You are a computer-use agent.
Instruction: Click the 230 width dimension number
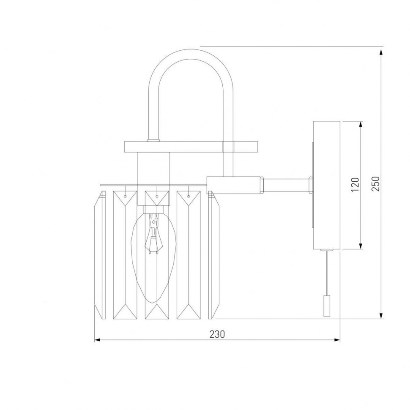[x=216, y=334]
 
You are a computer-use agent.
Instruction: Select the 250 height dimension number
[x=376, y=183]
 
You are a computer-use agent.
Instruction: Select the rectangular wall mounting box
[x=326, y=185]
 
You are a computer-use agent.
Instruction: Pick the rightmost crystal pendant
[x=214, y=255]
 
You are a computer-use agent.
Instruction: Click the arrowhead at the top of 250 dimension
[x=381, y=52]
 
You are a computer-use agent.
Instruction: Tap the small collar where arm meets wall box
[x=311, y=185]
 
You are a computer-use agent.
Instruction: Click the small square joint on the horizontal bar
[x=228, y=147]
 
